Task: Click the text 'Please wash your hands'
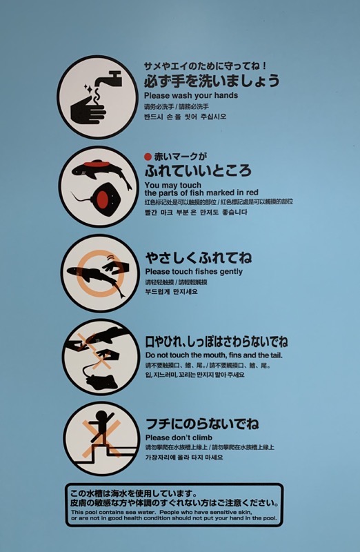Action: [x=191, y=95]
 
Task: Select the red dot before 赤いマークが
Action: [x=148, y=156]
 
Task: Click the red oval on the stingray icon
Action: [x=103, y=200]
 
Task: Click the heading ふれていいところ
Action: [x=197, y=170]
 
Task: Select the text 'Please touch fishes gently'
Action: [x=193, y=272]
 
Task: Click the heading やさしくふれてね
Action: [x=198, y=257]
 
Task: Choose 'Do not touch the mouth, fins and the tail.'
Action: [x=214, y=355]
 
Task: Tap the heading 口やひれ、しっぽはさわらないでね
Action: [x=216, y=341]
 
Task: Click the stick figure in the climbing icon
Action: [x=101, y=426]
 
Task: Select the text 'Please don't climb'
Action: [x=179, y=437]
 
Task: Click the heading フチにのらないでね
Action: [x=201, y=423]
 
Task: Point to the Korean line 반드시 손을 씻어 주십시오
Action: [x=185, y=117]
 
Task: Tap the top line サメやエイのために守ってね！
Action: [x=205, y=65]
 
